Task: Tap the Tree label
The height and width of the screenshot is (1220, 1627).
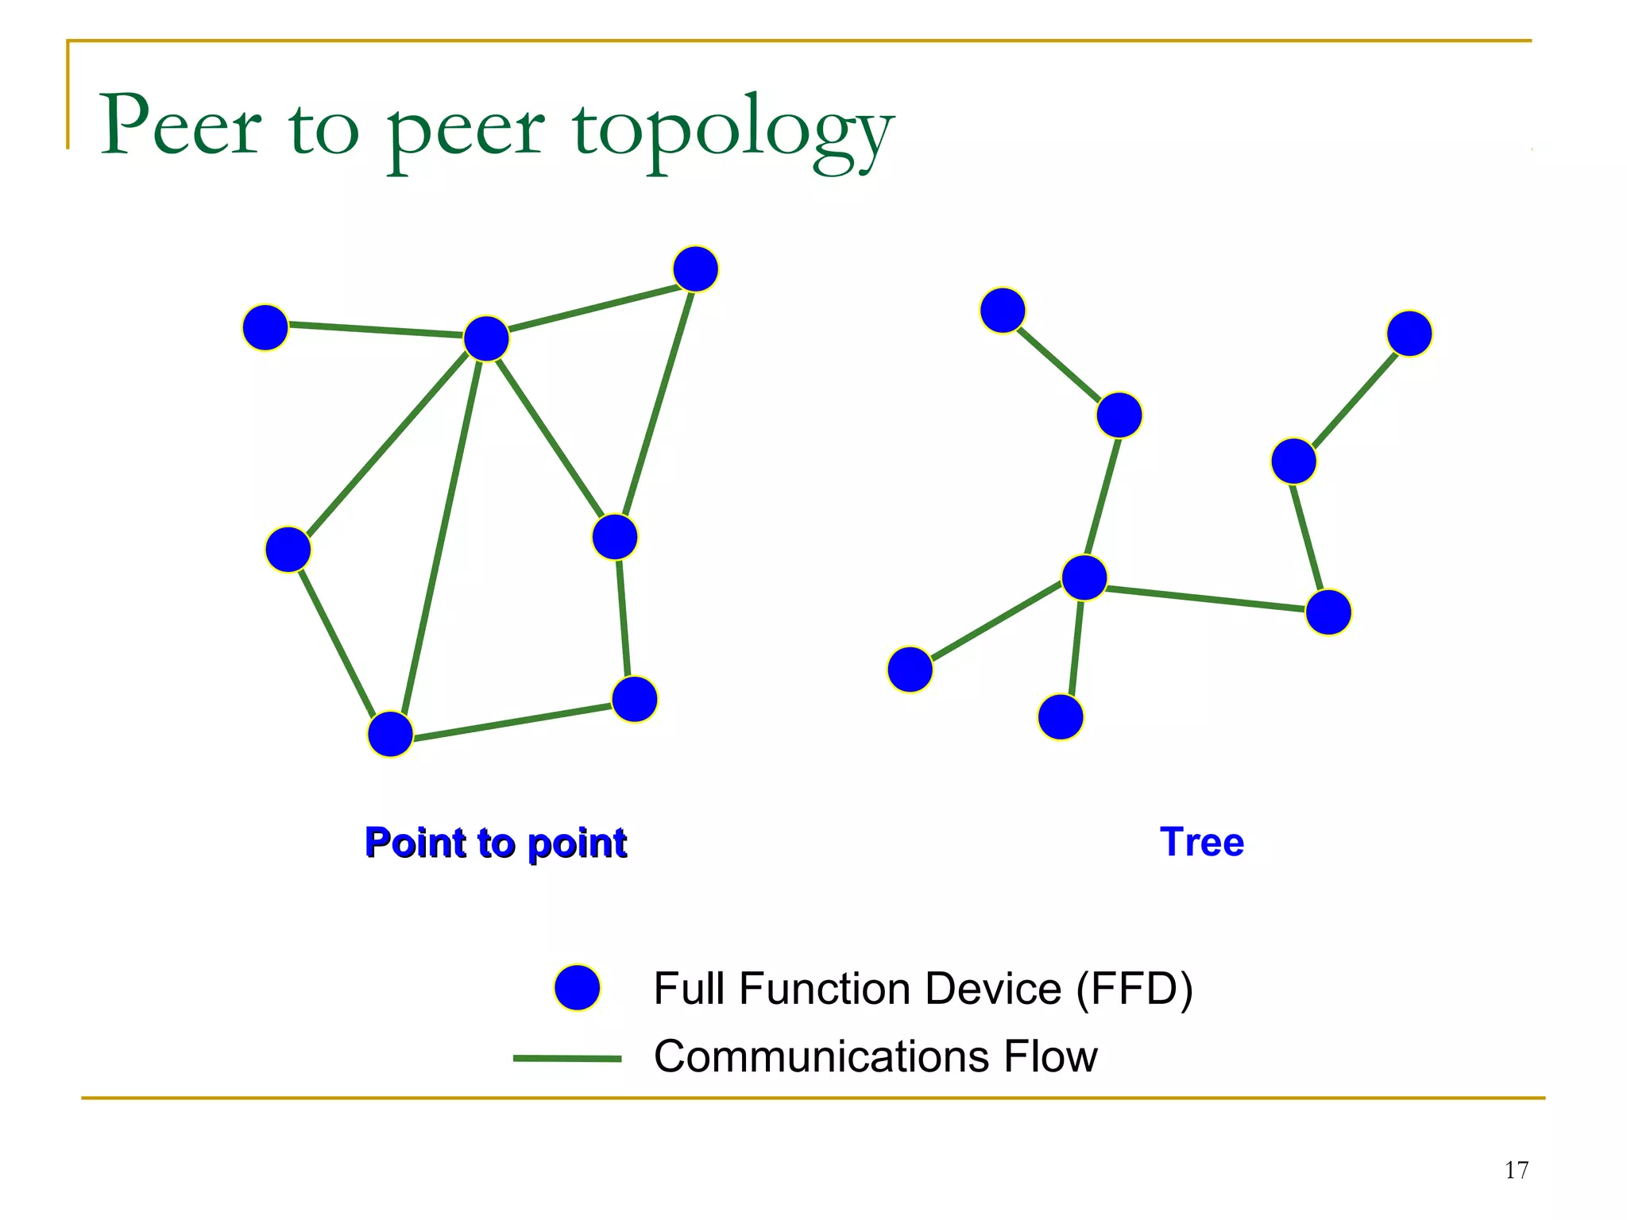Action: click(1201, 842)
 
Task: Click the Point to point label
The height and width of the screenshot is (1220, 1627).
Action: click(496, 843)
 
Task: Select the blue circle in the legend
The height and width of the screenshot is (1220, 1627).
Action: click(578, 988)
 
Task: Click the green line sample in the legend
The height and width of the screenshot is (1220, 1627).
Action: click(567, 1058)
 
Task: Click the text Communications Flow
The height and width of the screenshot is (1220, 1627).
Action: click(875, 1056)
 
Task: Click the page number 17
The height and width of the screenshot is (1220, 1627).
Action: click(1516, 1170)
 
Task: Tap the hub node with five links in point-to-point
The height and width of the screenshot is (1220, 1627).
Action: click(486, 338)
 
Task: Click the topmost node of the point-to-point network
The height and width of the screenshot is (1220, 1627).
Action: click(695, 268)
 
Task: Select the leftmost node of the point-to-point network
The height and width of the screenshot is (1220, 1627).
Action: click(265, 327)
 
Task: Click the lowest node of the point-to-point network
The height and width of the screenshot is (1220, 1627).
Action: click(390, 734)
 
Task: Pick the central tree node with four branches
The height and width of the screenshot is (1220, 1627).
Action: click(1084, 577)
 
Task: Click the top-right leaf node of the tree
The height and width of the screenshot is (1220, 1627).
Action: click(1409, 334)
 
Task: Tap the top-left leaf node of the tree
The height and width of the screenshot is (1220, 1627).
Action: click(1003, 310)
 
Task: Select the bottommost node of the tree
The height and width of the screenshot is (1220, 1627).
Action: click(1061, 717)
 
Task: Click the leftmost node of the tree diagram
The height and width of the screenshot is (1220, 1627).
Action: click(910, 670)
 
